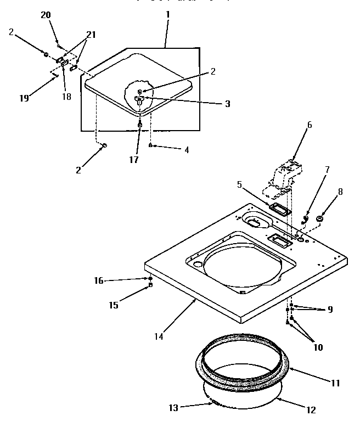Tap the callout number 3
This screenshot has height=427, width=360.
pyautogui.click(x=228, y=104)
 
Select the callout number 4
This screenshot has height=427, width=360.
pyautogui.click(x=187, y=149)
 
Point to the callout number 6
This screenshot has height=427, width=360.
pyautogui.click(x=309, y=125)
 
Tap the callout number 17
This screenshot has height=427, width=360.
pyautogui.click(x=134, y=160)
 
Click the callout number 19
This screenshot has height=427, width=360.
pyautogui.click(x=24, y=98)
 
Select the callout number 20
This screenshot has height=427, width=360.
pyautogui.click(x=45, y=15)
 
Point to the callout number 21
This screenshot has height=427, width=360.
pyautogui.click(x=90, y=35)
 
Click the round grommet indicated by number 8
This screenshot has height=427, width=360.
pyautogui.click(x=320, y=219)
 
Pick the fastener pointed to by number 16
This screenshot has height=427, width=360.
pyautogui.click(x=150, y=279)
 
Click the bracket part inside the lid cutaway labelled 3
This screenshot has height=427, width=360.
pyautogui.click(x=139, y=100)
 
